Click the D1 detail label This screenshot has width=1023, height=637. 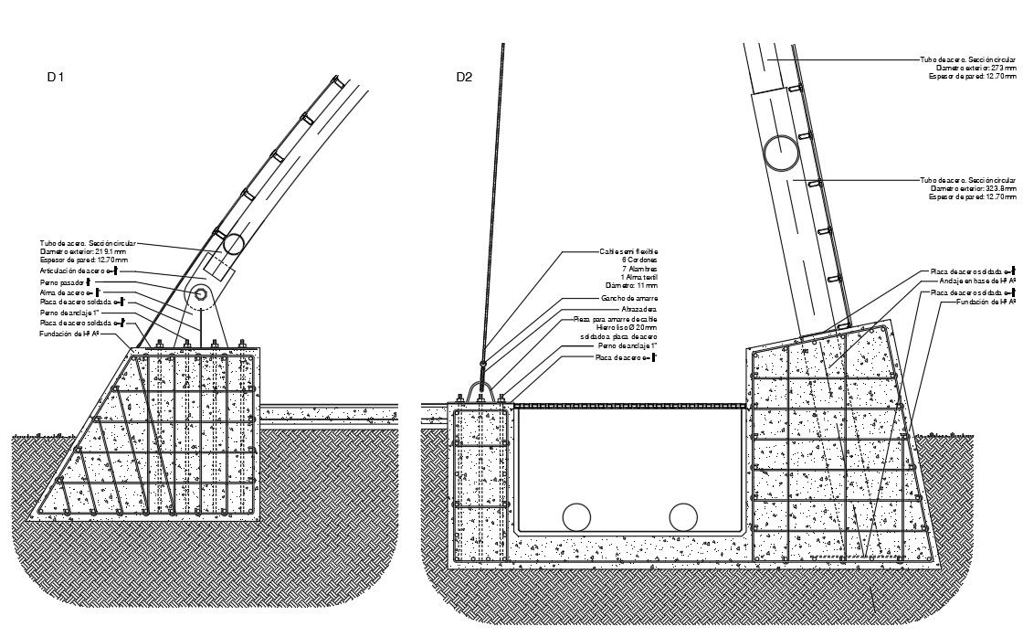point(56,78)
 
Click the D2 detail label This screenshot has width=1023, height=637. point(464,78)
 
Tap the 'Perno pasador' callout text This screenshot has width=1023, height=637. point(61,282)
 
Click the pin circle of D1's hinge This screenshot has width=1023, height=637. point(200,294)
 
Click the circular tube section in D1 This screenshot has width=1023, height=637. point(231,243)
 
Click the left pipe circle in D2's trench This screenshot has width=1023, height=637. point(577,516)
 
